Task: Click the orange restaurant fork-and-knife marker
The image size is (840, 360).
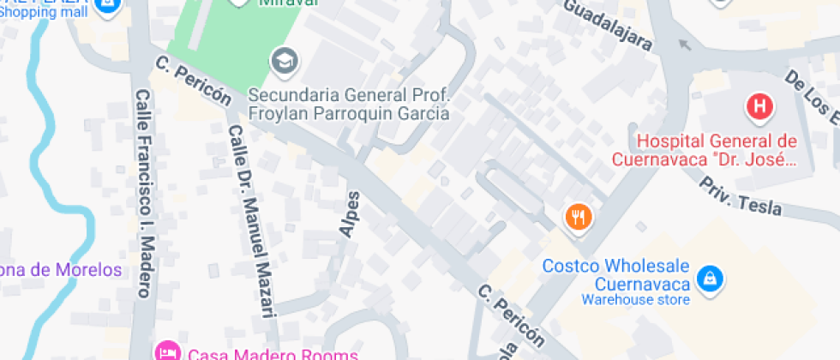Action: pyautogui.click(x=579, y=218)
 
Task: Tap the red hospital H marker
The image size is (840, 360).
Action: pyautogui.click(x=759, y=107)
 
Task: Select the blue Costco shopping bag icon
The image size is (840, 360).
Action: pyautogui.click(x=710, y=278)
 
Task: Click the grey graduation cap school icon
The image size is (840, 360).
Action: pyautogui.click(x=282, y=61)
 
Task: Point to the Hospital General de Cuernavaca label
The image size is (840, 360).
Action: pyautogui.click(x=705, y=150)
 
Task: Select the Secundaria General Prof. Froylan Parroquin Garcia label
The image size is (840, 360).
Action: pyautogui.click(x=348, y=104)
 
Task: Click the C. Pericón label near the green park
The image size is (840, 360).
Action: pyautogui.click(x=194, y=81)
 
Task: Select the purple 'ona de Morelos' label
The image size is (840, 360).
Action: pyautogui.click(x=61, y=270)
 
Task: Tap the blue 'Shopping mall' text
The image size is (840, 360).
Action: pyautogui.click(x=42, y=12)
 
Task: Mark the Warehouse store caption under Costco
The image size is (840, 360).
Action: pyautogui.click(x=635, y=300)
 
